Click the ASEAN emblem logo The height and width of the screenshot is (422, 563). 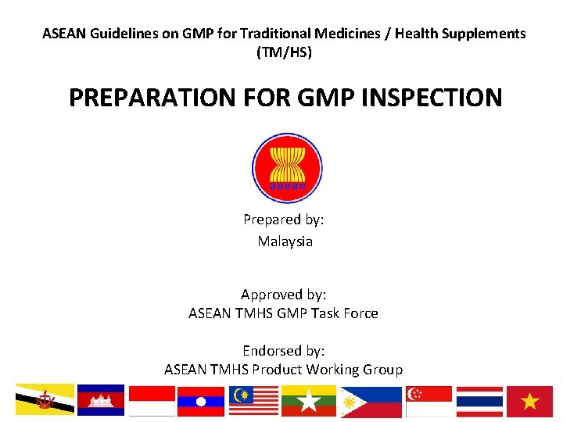286,167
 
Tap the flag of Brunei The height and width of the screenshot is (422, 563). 45,400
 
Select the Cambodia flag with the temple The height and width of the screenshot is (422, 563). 101,400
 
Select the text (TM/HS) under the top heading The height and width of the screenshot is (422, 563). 284,53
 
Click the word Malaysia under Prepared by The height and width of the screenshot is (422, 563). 285,241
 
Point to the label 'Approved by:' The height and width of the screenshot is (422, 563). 283,295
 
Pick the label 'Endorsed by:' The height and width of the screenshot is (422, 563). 283,351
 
